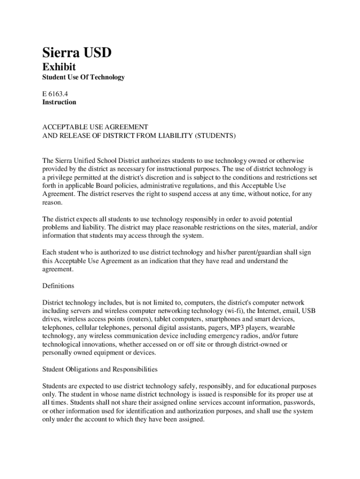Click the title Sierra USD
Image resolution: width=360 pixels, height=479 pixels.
click(x=77, y=52)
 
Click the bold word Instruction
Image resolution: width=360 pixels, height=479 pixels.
click(x=59, y=102)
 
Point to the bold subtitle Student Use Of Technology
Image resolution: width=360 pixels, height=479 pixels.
click(x=84, y=77)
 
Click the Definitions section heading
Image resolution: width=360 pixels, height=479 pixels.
click(x=58, y=286)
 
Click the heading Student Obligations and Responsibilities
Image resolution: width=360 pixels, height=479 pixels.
click(x=100, y=370)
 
